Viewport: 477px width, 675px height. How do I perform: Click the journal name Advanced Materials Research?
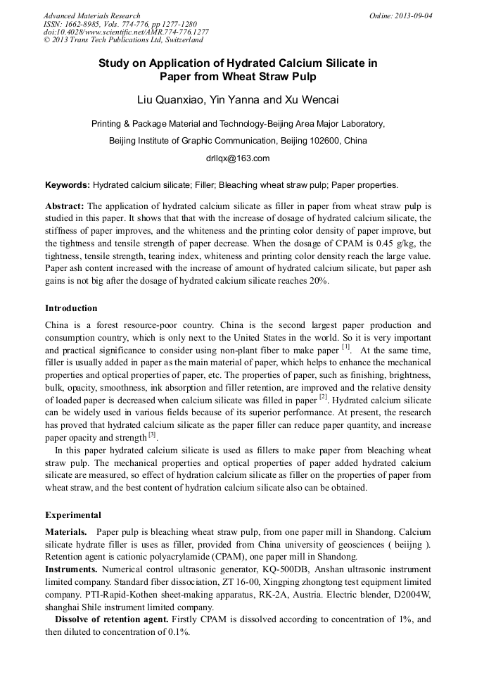click(x=91, y=15)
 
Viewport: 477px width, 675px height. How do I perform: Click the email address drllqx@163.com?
click(x=238, y=158)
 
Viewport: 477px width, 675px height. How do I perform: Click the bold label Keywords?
click(x=68, y=185)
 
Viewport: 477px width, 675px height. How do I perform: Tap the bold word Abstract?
click(x=65, y=206)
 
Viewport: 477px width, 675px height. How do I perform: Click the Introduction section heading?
click(x=71, y=308)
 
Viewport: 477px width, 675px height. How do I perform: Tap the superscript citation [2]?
click(x=324, y=397)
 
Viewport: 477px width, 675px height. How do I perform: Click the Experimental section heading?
click(x=73, y=515)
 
